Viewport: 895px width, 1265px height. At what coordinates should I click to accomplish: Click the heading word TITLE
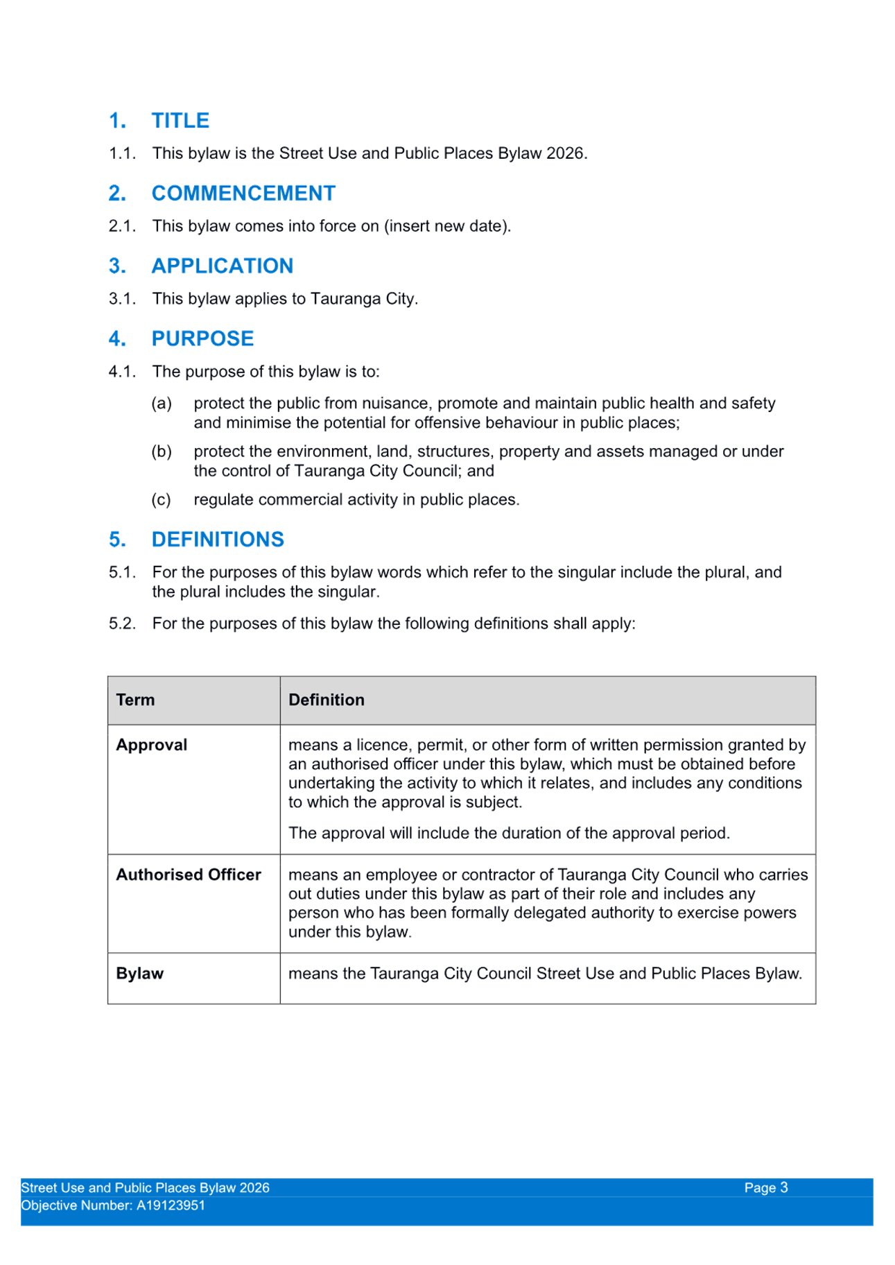(180, 121)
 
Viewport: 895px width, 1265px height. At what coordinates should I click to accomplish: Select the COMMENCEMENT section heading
(243, 193)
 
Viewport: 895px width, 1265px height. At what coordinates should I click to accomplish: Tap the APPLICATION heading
(222, 266)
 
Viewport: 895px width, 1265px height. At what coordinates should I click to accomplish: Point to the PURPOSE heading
(202, 338)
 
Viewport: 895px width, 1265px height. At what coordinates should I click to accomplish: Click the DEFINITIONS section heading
(218, 539)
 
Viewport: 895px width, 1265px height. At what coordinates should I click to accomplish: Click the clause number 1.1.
(122, 153)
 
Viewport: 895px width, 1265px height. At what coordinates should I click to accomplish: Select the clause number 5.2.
(122, 623)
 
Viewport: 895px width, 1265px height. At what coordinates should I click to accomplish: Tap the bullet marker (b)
(162, 451)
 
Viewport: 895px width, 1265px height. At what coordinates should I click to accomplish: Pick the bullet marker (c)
(161, 499)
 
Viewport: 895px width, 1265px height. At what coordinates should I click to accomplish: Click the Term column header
(135, 700)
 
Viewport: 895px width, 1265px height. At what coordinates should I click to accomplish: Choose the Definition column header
(326, 700)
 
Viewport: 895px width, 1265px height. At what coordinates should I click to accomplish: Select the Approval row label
(151, 745)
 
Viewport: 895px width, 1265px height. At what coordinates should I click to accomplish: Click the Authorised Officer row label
(189, 875)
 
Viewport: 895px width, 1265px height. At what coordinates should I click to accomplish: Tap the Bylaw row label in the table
(139, 973)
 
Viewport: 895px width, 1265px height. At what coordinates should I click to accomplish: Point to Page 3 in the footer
(766, 1187)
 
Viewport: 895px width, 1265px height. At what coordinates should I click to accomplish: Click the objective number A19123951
(171, 1205)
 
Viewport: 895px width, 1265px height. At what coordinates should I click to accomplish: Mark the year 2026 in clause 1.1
(565, 153)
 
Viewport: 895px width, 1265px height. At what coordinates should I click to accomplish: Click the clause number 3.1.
(122, 299)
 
